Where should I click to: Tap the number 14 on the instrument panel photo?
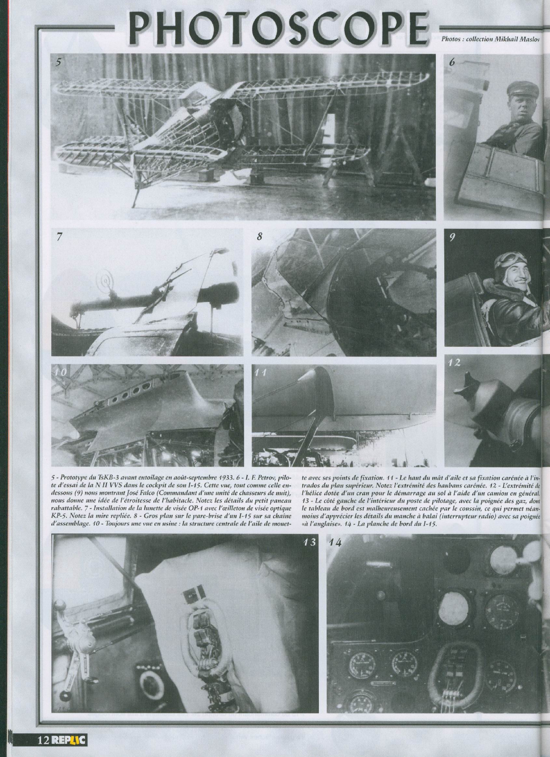click(x=335, y=543)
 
